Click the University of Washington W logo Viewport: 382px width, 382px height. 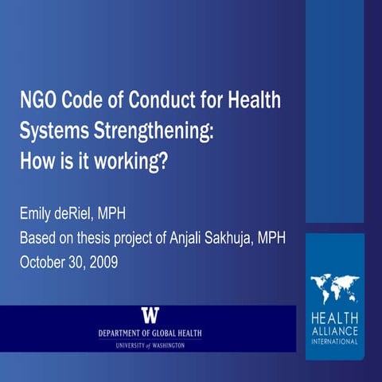point(150,314)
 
